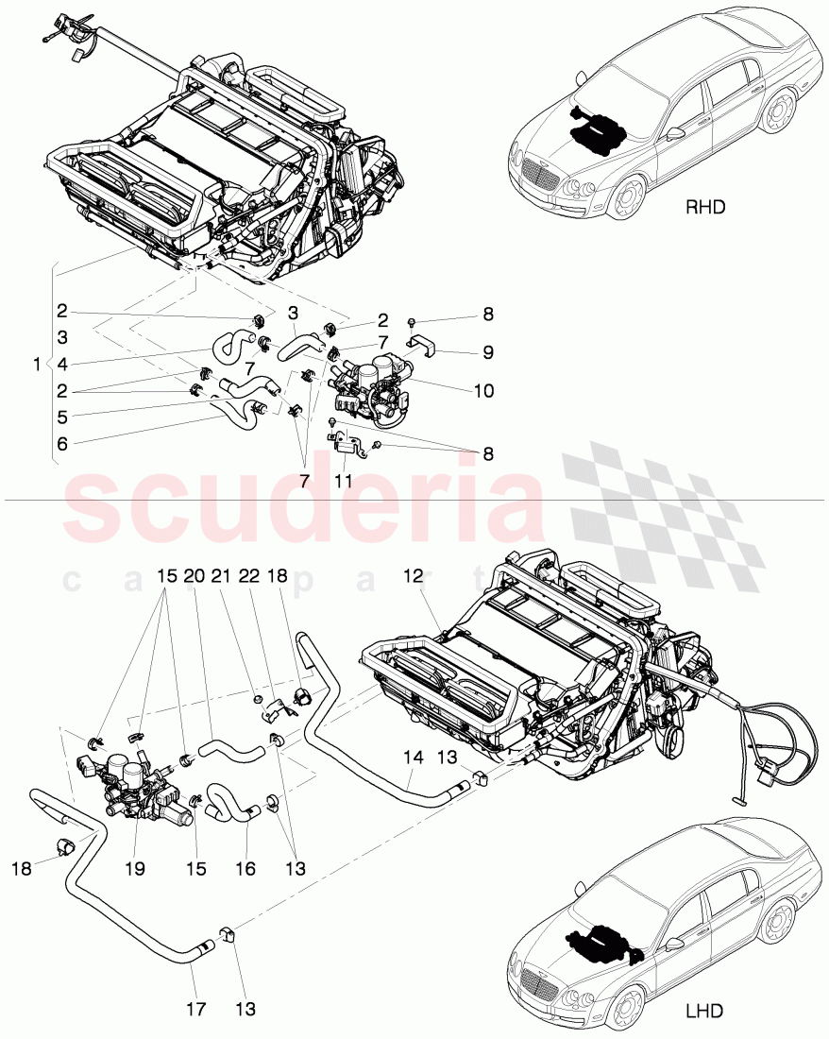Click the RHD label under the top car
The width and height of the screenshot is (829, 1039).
[x=705, y=208]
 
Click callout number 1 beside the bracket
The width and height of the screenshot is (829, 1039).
[x=36, y=365]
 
